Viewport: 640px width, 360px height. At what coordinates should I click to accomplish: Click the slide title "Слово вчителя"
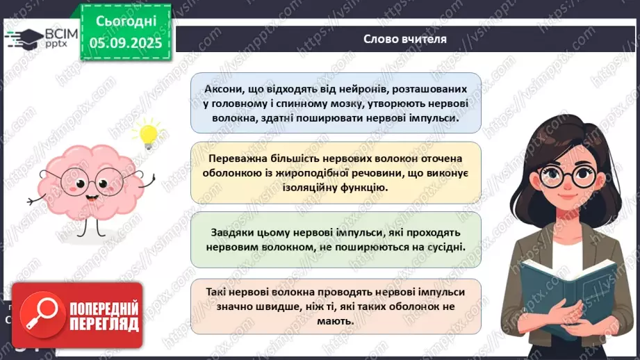click(x=404, y=39)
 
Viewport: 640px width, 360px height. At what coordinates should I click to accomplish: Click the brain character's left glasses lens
click(x=73, y=182)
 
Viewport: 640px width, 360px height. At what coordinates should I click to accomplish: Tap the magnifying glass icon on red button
click(x=35, y=316)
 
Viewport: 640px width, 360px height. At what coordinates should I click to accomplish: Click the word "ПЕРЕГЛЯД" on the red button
click(x=103, y=323)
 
